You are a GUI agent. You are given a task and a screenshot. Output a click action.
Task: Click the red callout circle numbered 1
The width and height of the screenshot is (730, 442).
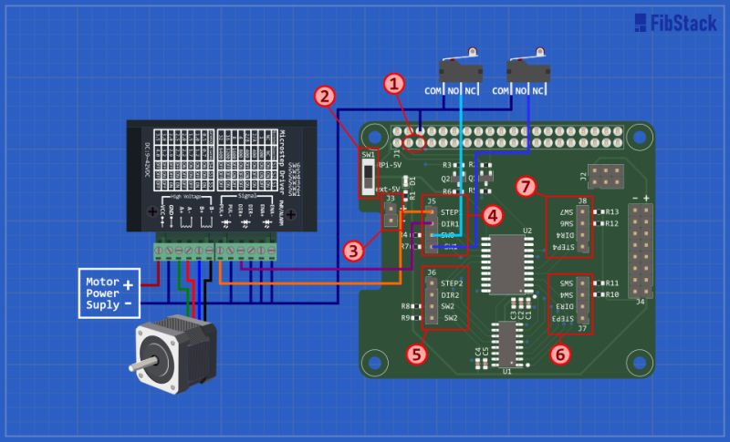(x=394, y=85)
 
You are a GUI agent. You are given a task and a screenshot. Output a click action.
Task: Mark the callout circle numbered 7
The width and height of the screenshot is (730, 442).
(x=525, y=187)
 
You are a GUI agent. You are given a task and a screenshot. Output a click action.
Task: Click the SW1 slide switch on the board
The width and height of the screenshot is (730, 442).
(x=370, y=174)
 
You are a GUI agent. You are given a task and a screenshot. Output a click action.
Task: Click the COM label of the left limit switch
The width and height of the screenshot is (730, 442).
(x=434, y=91)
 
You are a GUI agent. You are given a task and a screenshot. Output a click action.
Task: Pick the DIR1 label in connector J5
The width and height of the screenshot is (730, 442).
(x=449, y=223)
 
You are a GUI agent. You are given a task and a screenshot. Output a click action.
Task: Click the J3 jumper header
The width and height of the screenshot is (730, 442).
(x=389, y=215)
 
